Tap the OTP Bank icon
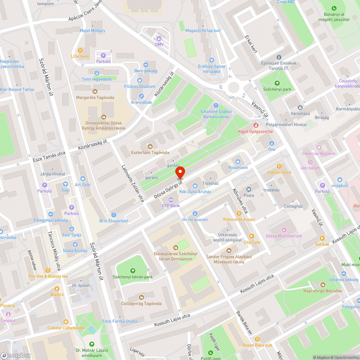[x=171, y=200]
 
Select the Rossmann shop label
[x=238, y=167]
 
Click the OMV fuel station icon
[x=159, y=38]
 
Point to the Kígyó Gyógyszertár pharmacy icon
[x=256, y=125]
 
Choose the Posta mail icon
[x=249, y=189]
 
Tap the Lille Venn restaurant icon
[x=80, y=51]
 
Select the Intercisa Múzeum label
[x=319, y=153]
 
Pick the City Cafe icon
[x=251, y=237]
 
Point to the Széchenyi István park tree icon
[x=133, y=270]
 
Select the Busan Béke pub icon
[x=257, y=339]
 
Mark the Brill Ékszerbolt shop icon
[x=114, y=215]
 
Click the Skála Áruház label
[x=75, y=251]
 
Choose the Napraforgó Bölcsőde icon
[x=322, y=284]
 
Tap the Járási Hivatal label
[x=53, y=174]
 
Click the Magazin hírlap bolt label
[x=203, y=31]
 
